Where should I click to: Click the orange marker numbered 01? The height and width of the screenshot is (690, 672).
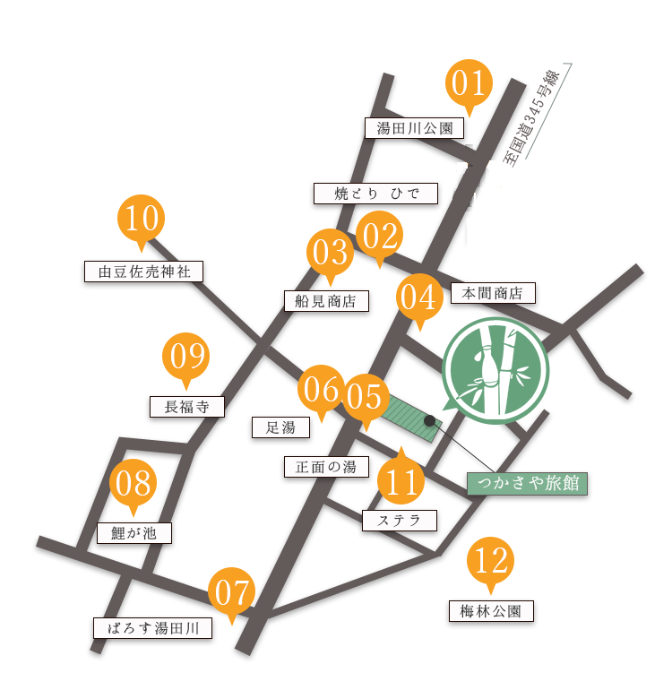coord(467,84)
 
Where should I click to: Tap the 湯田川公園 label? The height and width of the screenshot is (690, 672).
coord(415,128)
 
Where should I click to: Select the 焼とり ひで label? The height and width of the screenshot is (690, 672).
coord(375,193)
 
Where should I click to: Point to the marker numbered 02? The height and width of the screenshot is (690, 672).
coord(379,237)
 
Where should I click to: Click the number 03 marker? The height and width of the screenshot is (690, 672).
coord(330,253)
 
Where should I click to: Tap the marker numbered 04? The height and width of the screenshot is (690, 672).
coord(418,298)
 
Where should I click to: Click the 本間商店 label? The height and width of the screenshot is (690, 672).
coord(493,293)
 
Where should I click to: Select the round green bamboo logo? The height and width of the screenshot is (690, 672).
coord(495,370)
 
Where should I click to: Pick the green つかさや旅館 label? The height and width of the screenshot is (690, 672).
coord(527,484)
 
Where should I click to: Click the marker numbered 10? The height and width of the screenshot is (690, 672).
coord(141,219)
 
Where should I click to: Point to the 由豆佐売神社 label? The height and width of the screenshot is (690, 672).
coord(143,271)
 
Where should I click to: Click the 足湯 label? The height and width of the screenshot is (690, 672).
coord(280,427)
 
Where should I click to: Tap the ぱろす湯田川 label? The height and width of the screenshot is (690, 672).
coord(153,627)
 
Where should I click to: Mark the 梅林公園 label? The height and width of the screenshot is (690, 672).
coord(490,612)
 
